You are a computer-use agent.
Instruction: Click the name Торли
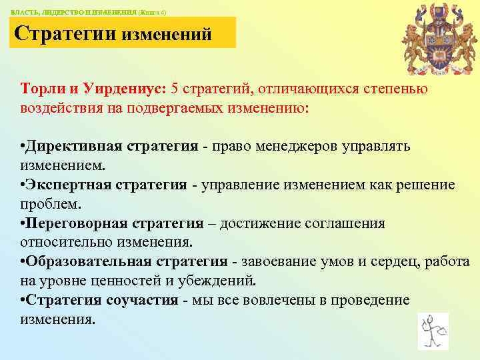pos(43,89)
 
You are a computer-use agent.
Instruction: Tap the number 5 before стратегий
pos(175,89)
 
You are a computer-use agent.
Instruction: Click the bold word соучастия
pos(143,300)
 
